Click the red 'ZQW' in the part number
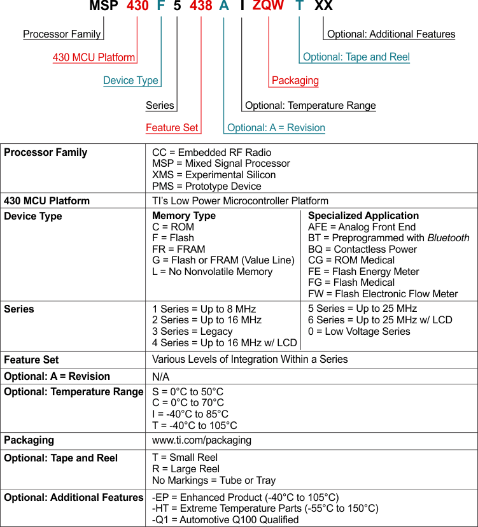click(268, 8)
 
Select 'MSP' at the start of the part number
click(104, 8)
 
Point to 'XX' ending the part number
click(323, 8)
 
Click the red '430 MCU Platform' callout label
click(94, 58)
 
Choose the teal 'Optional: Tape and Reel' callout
click(356, 57)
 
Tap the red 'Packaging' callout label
click(295, 81)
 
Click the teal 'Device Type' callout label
click(131, 81)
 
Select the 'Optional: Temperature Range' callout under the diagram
click(311, 106)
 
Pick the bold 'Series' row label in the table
click(19, 309)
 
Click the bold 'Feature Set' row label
click(31, 360)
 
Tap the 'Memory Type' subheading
click(184, 216)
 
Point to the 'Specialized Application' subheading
click(363, 216)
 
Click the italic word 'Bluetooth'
click(448, 238)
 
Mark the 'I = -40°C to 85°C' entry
click(190, 414)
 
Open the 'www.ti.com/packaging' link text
click(202, 440)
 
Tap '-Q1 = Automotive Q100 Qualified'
click(225, 519)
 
